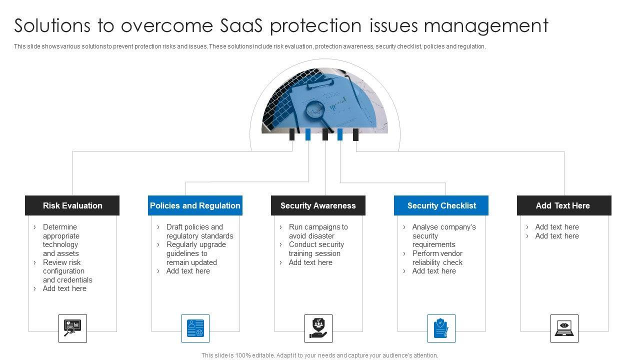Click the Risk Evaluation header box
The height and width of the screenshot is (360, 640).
point(72,205)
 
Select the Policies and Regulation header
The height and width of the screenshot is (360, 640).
point(195,205)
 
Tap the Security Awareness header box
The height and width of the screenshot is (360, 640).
point(318,205)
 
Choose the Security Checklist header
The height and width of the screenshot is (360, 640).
point(441,205)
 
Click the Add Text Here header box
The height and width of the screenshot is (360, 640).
point(563,205)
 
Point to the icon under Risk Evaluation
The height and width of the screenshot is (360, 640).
point(72,328)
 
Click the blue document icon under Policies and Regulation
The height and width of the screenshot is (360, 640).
point(195,328)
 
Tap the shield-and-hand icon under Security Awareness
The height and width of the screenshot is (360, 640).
point(318,328)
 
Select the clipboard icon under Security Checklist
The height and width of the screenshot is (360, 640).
point(441,328)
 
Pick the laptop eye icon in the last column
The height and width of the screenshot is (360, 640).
point(564,328)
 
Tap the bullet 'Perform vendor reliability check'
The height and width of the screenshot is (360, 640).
point(437,258)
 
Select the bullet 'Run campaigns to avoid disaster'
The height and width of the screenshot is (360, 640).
point(318,231)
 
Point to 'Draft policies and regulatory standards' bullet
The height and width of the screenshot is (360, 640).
point(199,231)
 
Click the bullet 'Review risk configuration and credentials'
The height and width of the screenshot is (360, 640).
point(67,271)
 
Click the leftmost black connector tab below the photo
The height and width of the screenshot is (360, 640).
point(292,134)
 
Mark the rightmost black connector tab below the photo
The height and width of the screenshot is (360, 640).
point(355,134)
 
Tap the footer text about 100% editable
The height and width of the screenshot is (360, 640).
point(320,355)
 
